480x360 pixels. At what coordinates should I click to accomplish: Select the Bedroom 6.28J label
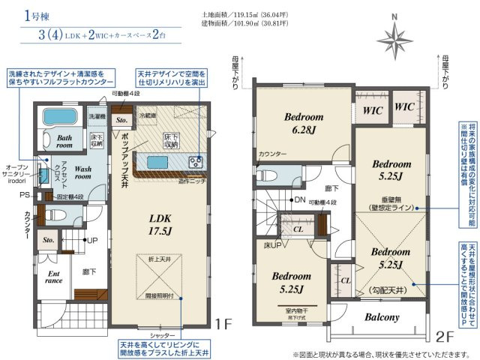(x=303, y=123)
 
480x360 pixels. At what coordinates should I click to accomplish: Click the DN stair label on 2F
(x=299, y=199)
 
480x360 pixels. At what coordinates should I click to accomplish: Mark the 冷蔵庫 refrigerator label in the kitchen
(x=147, y=115)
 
